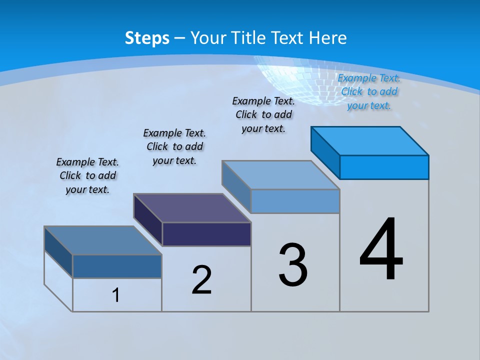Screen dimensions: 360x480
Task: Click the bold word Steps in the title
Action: [x=147, y=38]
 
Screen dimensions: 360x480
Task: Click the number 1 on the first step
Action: [x=116, y=295]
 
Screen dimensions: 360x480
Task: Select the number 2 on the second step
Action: [x=201, y=280]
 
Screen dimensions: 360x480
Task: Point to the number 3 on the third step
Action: [x=293, y=265]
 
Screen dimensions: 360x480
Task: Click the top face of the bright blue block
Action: [x=370, y=140]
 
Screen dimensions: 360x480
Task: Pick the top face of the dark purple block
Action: [x=192, y=207]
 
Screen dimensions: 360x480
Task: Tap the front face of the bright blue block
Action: [x=384, y=167]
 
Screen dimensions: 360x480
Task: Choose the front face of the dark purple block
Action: [x=206, y=234]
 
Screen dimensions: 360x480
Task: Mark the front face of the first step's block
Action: [x=117, y=266]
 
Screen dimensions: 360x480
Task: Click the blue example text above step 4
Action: [x=369, y=91]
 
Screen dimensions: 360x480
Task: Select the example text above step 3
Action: [x=263, y=114]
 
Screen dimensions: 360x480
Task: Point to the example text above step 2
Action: [x=174, y=146]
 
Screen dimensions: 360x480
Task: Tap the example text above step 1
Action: [x=87, y=175]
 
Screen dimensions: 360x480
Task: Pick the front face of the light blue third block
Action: [x=295, y=201]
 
